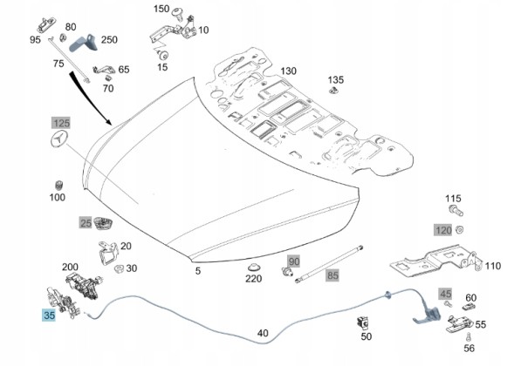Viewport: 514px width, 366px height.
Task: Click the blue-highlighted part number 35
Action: (49, 315)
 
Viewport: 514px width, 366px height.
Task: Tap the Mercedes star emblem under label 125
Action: (59, 139)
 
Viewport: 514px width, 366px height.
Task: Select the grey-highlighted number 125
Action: (61, 123)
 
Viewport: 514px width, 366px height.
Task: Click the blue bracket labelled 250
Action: (84, 42)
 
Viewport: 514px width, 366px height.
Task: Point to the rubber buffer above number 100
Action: (59, 185)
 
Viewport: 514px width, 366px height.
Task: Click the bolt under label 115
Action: (456, 210)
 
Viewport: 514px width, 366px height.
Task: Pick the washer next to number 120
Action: (459, 230)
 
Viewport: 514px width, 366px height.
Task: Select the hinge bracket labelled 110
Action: (436, 260)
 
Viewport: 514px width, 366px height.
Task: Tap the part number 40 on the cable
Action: (263, 333)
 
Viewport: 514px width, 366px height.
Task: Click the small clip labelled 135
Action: (333, 90)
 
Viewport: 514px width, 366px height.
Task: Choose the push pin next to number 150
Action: (178, 13)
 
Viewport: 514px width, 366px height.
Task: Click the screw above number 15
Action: (163, 54)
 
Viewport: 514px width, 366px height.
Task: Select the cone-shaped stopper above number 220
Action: (253, 267)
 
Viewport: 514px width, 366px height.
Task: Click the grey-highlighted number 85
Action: (332, 275)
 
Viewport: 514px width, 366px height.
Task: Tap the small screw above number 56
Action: (469, 337)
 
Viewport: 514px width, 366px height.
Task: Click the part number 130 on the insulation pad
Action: (288, 71)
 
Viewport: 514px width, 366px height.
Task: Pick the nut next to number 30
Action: (119, 268)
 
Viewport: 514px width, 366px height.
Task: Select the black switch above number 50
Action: (363, 322)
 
